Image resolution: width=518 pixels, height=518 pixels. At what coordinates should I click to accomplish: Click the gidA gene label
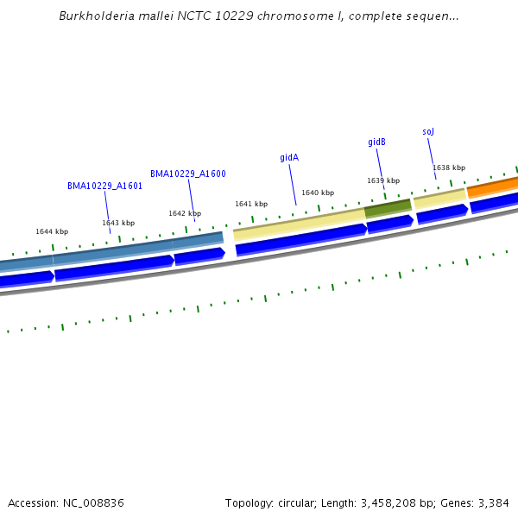289,158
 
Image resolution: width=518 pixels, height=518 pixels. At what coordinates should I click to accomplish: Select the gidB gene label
376,142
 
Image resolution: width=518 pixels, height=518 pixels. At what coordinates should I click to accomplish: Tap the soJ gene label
428,131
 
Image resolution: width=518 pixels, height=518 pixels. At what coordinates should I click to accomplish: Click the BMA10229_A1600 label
188,174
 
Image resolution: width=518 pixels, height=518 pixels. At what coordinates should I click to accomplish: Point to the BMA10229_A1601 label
105,186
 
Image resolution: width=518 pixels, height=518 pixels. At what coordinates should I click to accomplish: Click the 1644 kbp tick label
52,231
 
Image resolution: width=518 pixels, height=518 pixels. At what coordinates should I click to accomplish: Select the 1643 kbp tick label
118,223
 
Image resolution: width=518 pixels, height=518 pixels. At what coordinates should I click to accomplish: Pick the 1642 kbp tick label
185,213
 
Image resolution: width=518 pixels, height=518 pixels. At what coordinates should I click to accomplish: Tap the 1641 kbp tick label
251,204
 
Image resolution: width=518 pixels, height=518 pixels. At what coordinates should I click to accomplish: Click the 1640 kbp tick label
318,193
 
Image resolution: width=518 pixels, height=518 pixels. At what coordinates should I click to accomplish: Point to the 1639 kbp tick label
383,180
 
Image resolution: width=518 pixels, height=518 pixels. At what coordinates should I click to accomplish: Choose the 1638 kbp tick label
449,167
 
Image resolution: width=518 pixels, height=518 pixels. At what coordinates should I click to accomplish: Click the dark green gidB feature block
388,208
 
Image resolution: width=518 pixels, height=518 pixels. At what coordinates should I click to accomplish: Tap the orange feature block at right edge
493,186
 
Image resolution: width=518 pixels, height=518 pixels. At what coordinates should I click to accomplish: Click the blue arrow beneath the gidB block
390,224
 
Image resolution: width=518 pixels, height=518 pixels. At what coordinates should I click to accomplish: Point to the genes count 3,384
492,502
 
